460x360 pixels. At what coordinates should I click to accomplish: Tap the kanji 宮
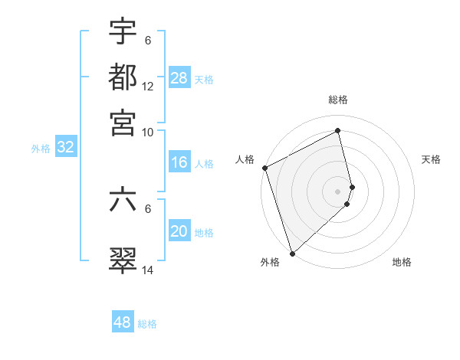coord(123,123)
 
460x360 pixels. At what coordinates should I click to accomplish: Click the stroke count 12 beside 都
coord(148,87)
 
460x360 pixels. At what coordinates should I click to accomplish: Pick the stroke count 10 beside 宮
coord(148,133)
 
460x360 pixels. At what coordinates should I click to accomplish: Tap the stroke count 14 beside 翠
coord(148,270)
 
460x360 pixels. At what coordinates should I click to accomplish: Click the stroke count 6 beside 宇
coord(148,41)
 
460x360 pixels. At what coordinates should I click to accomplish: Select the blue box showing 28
coord(179,78)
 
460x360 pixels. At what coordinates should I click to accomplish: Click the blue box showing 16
coord(179,162)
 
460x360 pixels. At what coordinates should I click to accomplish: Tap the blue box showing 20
coord(179,231)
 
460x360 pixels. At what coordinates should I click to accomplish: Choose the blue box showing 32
coord(65,148)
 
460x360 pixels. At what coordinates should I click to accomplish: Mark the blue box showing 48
coord(123,322)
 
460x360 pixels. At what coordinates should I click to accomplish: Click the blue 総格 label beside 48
coord(147,324)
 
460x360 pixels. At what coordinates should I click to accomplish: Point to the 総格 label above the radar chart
coord(338,100)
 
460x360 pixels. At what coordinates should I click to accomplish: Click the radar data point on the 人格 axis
coord(264,168)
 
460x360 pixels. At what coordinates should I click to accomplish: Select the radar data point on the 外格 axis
coord(292,253)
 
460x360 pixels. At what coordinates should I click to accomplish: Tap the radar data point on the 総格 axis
coord(338,131)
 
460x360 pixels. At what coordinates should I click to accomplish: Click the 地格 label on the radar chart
coord(402,262)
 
